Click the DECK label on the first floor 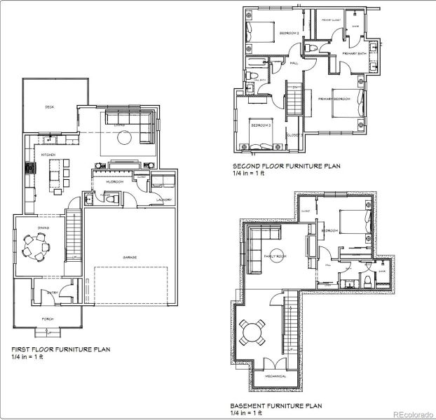coord(50,107)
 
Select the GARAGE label coord(130,258)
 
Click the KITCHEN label coord(48,154)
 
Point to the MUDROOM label coord(114,181)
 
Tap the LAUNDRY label coord(164,199)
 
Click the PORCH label coord(48,318)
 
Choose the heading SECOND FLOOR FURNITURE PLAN coord(286,167)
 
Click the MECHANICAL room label coord(275,377)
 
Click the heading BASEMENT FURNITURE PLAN coord(275,405)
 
